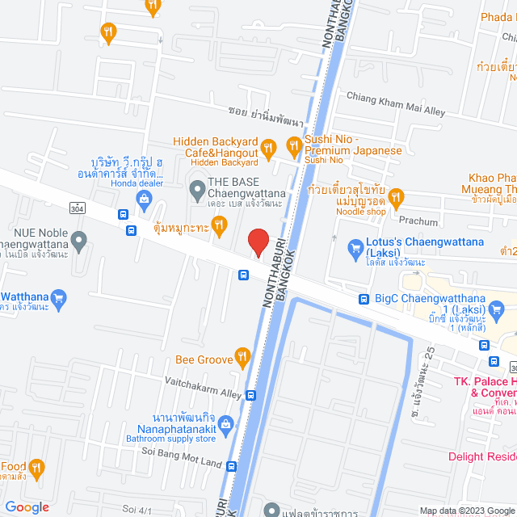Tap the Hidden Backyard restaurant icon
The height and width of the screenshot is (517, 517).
coord(271,146)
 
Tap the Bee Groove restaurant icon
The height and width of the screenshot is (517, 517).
coord(242,357)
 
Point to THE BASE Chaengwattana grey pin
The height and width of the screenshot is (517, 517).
coord(196,191)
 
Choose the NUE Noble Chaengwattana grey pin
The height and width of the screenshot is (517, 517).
coord(78,240)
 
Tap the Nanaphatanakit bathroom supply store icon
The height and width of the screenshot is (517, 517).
coord(225,422)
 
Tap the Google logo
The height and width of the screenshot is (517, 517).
coord(27,507)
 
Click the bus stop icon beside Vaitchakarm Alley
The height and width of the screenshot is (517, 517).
coord(251,396)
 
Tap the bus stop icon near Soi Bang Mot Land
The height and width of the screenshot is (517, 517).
coord(232,466)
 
